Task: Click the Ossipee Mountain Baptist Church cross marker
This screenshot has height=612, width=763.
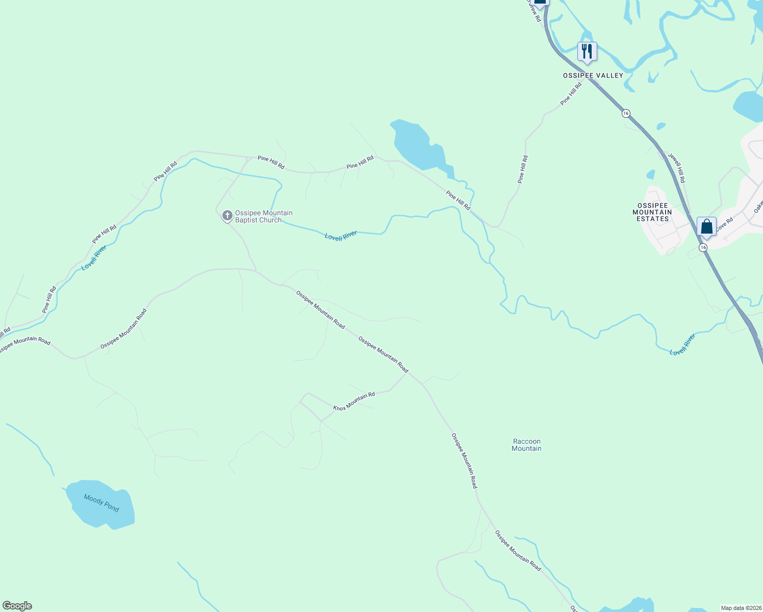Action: tap(227, 216)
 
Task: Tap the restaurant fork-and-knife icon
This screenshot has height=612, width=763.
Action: tap(587, 52)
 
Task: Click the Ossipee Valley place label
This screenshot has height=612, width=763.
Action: tap(593, 75)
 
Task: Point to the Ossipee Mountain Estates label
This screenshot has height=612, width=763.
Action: tap(652, 212)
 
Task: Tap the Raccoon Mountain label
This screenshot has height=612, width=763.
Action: tap(526, 445)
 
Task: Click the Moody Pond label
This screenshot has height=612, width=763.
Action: tap(101, 503)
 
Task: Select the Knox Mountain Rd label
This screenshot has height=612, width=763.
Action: tap(354, 401)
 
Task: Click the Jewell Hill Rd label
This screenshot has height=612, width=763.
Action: tap(677, 168)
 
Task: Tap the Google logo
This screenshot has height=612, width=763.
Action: tap(17, 606)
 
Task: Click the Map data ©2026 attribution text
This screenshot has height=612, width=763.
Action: tap(741, 608)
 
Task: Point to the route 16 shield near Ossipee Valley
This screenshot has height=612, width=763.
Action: tap(626, 113)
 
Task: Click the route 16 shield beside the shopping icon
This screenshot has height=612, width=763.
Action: tap(703, 247)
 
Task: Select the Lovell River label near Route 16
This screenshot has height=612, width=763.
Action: tap(682, 345)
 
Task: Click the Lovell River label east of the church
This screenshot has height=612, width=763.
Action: tap(341, 236)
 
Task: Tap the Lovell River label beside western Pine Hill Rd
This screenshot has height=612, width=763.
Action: tap(94, 258)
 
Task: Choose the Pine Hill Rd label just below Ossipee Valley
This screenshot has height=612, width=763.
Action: tap(571, 94)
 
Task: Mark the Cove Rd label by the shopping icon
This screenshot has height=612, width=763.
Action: tap(724, 225)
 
